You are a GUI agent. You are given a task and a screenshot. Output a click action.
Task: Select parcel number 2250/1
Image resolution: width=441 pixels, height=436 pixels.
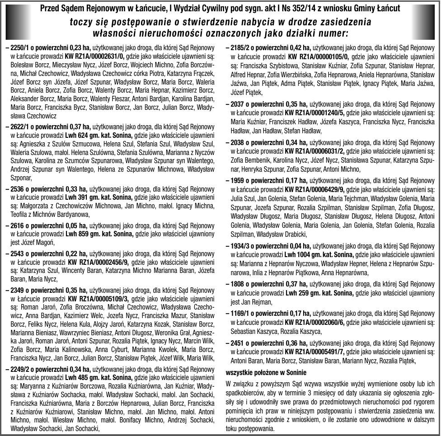tap(21, 47)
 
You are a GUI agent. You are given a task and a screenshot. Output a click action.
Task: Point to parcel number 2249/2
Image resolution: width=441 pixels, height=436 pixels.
tap(21, 369)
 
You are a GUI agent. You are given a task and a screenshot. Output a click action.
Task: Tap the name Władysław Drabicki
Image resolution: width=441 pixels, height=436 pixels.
tap(281, 234)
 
